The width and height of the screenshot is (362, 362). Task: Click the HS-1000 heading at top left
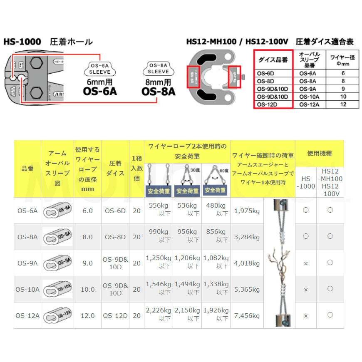pyautogui.click(x=22, y=42)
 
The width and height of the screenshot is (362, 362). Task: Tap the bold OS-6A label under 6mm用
pyautogui.click(x=99, y=91)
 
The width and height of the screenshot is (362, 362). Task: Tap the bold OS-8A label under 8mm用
pyautogui.click(x=158, y=91)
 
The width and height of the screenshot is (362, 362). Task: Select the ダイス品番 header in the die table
pyautogui.click(x=273, y=60)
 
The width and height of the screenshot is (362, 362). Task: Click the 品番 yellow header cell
pyautogui.click(x=27, y=169)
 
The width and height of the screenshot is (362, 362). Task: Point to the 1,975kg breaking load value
pyautogui.click(x=247, y=211)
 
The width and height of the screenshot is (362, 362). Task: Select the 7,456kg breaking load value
pyautogui.click(x=247, y=315)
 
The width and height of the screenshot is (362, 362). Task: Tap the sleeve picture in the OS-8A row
pyautogui.click(x=57, y=237)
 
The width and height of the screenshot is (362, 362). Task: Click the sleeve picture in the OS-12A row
pyautogui.click(x=57, y=315)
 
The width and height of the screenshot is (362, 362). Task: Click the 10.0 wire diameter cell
pyautogui.click(x=87, y=289)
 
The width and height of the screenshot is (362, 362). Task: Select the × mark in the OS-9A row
pyautogui.click(x=306, y=263)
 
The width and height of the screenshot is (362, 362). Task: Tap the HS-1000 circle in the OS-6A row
pyautogui.click(x=306, y=211)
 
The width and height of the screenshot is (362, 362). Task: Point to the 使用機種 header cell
pyautogui.click(x=320, y=154)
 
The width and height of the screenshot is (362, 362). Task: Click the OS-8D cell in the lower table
pyautogui.click(x=115, y=237)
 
